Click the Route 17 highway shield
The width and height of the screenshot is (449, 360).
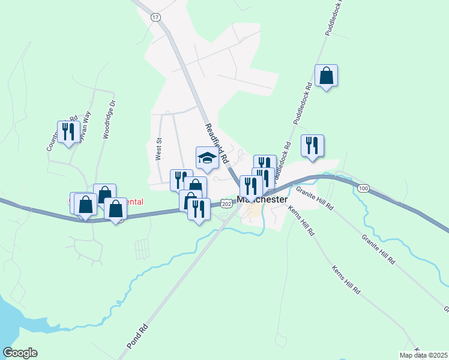click(156, 17)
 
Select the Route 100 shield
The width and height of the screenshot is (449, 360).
click(363, 188)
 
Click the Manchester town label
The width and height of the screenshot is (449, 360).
click(262, 200)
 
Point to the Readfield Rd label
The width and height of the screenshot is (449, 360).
click(217, 144)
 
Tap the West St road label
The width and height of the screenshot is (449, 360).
click(159, 149)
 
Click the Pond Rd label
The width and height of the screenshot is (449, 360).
click(137, 337)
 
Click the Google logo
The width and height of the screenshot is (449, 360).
click(20, 353)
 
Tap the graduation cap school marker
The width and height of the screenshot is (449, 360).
click(207, 158)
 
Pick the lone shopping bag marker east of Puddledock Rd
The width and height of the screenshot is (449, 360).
click(326, 76)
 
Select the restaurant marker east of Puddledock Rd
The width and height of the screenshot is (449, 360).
click(312, 146)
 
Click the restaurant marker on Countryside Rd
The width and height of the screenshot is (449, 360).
click(68, 132)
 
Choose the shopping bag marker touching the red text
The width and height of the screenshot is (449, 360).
click(115, 209)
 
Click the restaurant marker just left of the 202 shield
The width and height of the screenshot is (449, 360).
click(199, 209)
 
